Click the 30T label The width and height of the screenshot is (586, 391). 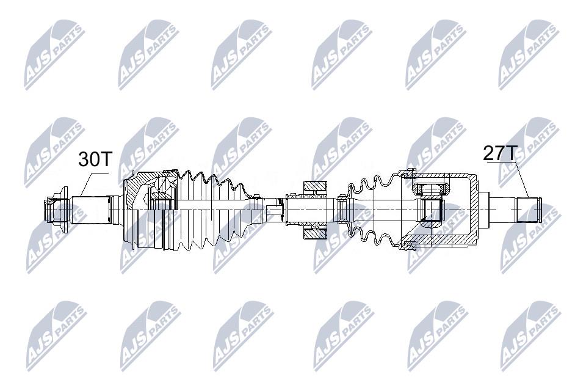point(95,159)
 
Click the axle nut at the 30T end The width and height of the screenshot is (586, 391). point(54,209)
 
